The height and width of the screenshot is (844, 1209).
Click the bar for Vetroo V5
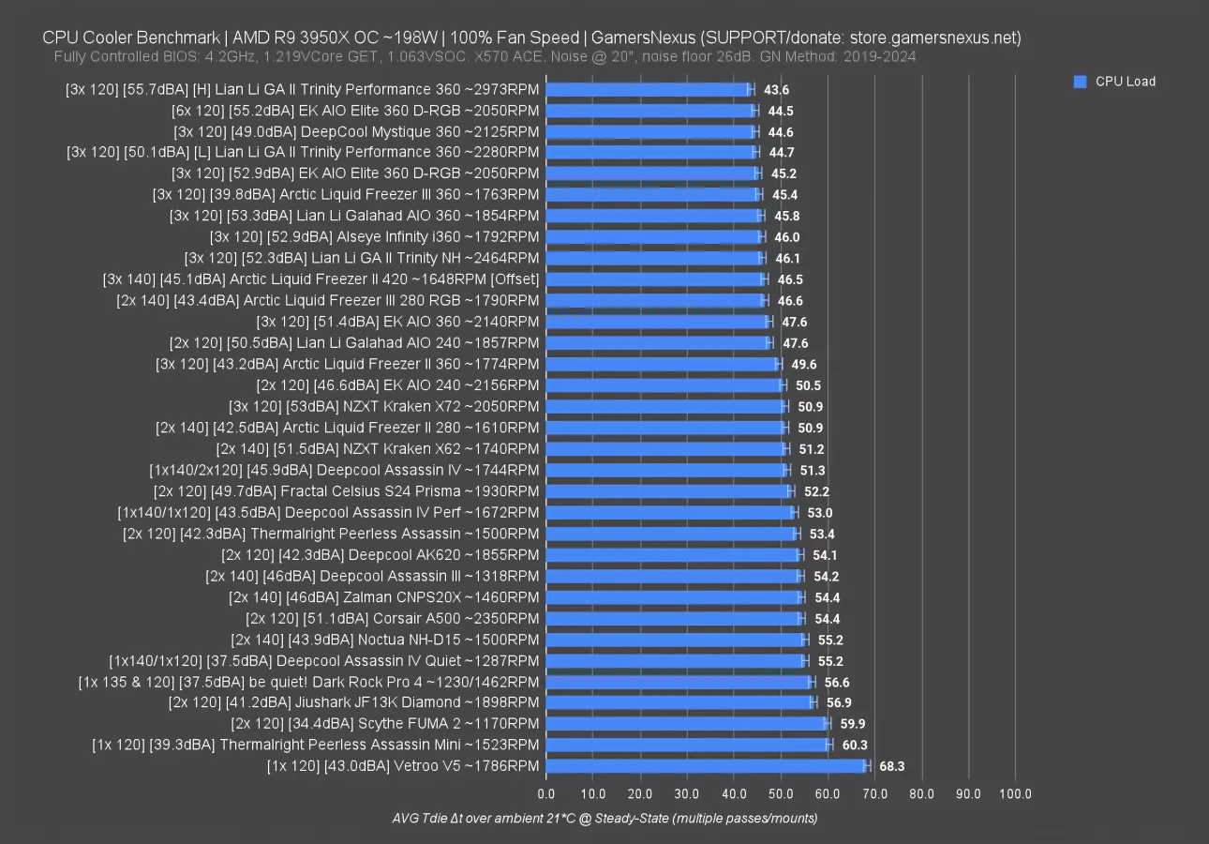click(708, 766)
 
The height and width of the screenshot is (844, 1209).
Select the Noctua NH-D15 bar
click(675, 640)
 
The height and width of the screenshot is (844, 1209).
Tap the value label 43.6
click(777, 89)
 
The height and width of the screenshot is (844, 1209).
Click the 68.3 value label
click(891, 766)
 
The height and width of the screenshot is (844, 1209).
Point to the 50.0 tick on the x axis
click(781, 794)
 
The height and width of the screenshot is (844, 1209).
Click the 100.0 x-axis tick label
click(1015, 794)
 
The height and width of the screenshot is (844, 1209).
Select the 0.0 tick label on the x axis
click(545, 794)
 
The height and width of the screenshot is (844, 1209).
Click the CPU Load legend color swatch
click(1080, 82)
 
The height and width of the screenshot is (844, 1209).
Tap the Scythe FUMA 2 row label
click(385, 723)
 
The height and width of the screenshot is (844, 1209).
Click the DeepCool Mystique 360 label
click(356, 131)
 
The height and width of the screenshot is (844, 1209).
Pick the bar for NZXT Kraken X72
click(664, 406)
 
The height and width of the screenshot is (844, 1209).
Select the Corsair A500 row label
click(392, 618)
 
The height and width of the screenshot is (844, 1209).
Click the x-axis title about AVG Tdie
click(604, 819)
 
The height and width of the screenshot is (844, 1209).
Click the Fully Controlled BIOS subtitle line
click(485, 56)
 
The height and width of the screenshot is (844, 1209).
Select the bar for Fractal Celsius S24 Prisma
click(669, 491)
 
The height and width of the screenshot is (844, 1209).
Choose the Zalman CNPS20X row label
click(383, 596)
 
